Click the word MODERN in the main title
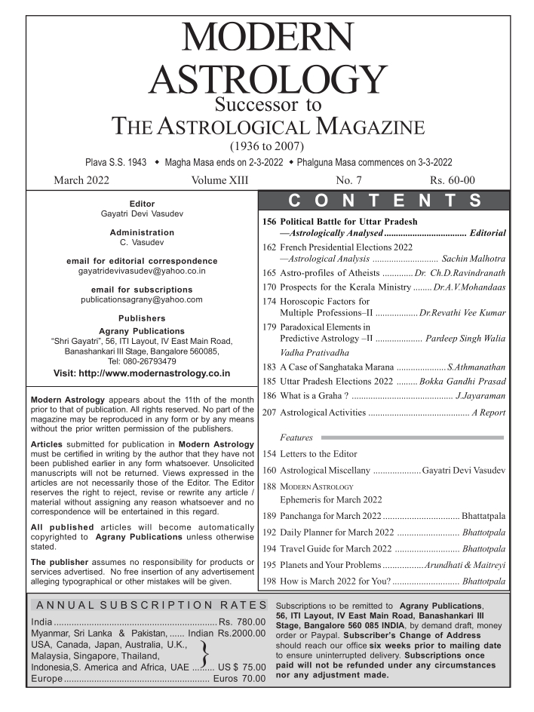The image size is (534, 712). click(x=266, y=35)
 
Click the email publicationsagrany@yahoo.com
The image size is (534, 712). click(x=143, y=299)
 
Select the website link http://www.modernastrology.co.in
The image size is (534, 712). click(x=143, y=373)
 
